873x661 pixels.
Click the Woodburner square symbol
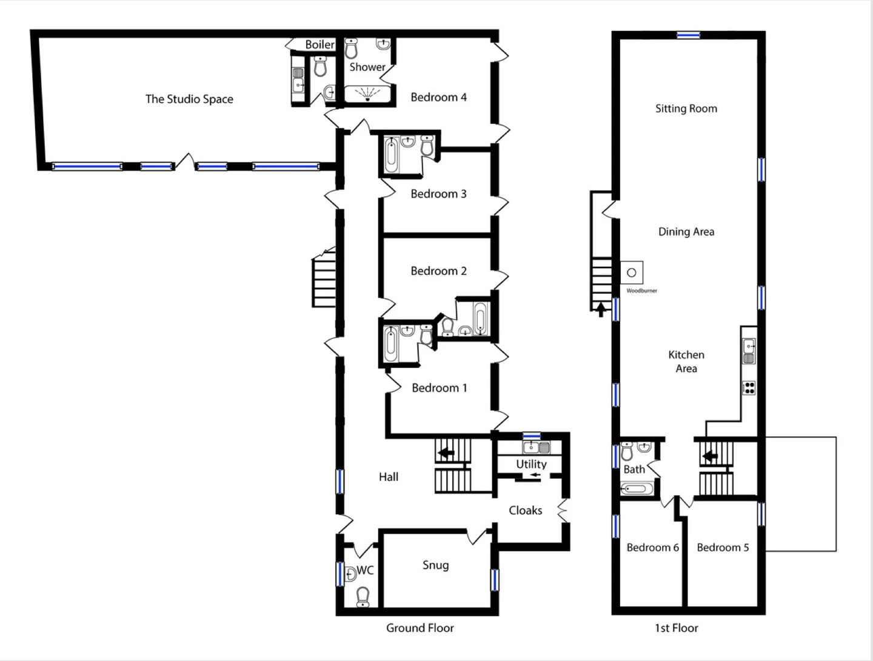[x=632, y=273]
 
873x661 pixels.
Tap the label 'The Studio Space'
[x=189, y=99]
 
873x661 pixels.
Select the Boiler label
[x=319, y=44]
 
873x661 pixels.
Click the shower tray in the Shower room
[x=367, y=93]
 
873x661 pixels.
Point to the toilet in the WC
[x=363, y=597]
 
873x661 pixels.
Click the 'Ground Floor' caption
[x=420, y=628]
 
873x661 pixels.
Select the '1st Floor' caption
[x=677, y=628]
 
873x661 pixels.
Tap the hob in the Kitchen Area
[x=749, y=388]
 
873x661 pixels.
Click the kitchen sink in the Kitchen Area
[x=749, y=351]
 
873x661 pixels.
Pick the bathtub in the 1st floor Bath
[x=637, y=489]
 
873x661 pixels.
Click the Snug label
[x=435, y=566]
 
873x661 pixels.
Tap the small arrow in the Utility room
[x=535, y=475]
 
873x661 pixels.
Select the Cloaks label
[x=526, y=510]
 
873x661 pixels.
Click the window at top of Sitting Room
[x=689, y=35]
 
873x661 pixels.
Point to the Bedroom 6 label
[x=653, y=547]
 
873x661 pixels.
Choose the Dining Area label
[x=686, y=232]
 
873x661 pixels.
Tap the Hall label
[x=389, y=477]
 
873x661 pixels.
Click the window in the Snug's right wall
[x=494, y=580]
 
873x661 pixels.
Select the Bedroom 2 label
[x=439, y=271]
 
